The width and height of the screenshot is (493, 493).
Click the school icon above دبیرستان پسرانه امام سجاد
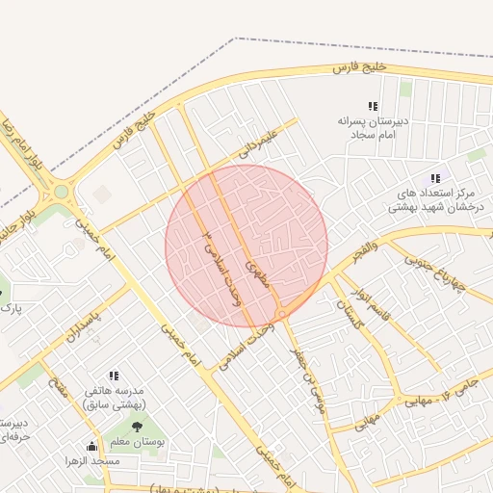coord(373,106)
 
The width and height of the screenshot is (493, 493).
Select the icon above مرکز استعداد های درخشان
coord(435,178)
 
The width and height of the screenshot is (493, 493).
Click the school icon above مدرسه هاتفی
coord(114,376)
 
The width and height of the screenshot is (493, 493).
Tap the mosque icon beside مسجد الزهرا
coord(92,446)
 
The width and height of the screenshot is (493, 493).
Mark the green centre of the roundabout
coord(62,192)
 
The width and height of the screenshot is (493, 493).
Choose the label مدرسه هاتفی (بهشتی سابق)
coord(115,399)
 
